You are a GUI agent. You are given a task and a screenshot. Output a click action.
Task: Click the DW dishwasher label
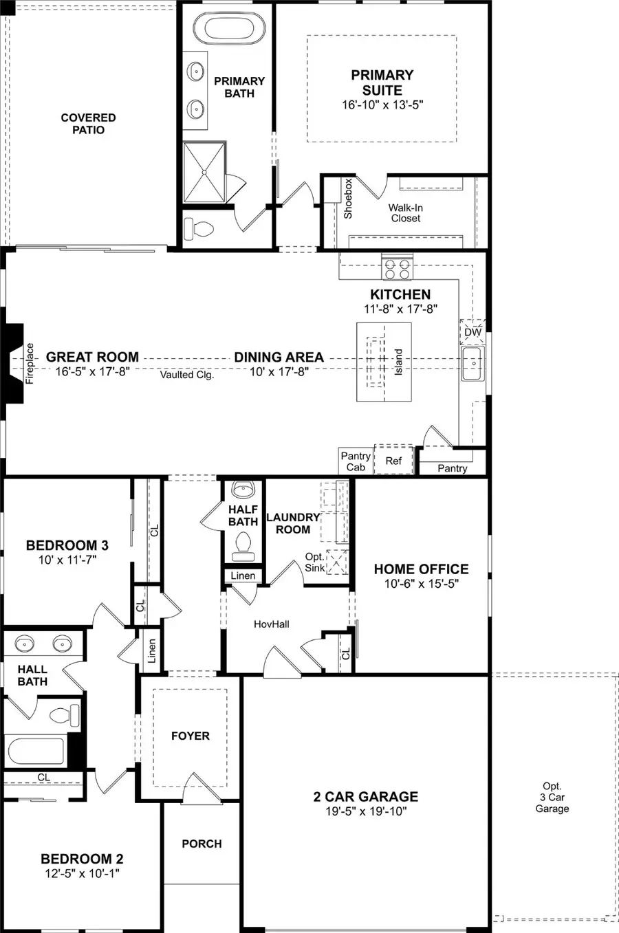coord(473,332)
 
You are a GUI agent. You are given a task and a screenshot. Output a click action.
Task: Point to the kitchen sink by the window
coord(472,364)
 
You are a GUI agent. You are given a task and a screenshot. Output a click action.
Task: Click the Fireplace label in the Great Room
coord(30,363)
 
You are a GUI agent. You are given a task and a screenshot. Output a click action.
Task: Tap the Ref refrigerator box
coord(393,461)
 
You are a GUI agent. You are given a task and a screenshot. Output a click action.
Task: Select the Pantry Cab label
coord(356,461)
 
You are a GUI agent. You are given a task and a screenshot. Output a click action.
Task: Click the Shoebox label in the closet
coord(348,199)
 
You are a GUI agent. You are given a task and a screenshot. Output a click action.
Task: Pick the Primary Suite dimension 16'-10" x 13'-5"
coord(382,105)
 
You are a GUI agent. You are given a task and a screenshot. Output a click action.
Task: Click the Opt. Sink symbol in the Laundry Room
coord(336,562)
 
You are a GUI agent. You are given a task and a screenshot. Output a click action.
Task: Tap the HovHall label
coord(272,624)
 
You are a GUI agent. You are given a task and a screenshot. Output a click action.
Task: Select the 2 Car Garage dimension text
coord(365,811)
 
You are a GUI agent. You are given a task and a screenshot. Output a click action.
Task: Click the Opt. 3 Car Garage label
coord(552,798)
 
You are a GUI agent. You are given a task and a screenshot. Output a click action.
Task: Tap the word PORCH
coord(202,844)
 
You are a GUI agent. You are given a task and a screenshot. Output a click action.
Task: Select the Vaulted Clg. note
coord(187,375)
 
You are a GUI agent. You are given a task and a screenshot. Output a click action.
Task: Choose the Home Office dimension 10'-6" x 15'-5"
coord(421,584)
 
